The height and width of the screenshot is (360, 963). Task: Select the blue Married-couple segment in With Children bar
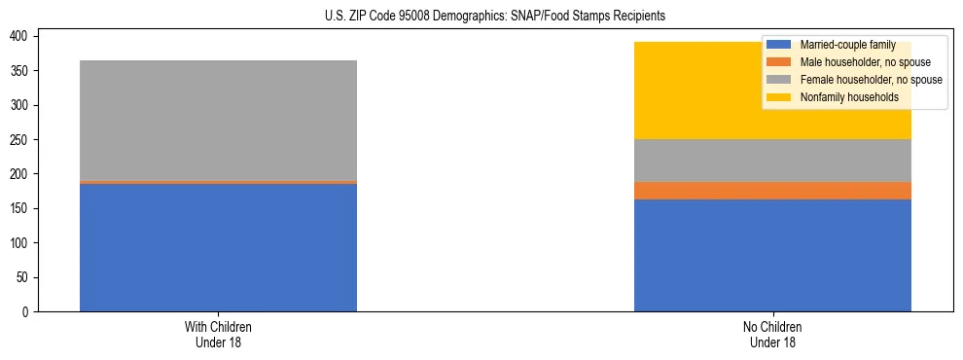click(218, 247)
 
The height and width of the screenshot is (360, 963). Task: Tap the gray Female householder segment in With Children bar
click(218, 121)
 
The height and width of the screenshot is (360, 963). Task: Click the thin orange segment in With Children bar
click(218, 182)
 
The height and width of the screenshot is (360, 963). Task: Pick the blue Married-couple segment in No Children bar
click(772, 255)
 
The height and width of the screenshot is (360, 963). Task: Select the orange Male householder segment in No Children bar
click(772, 191)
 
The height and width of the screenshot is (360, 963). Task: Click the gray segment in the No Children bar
click(772, 161)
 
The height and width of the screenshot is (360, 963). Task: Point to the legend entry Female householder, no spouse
click(871, 80)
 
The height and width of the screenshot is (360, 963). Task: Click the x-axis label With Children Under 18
click(218, 334)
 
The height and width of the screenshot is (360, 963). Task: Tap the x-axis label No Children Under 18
click(772, 334)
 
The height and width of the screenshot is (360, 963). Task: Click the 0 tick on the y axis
click(30, 311)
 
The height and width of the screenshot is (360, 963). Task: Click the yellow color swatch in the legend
click(779, 97)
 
